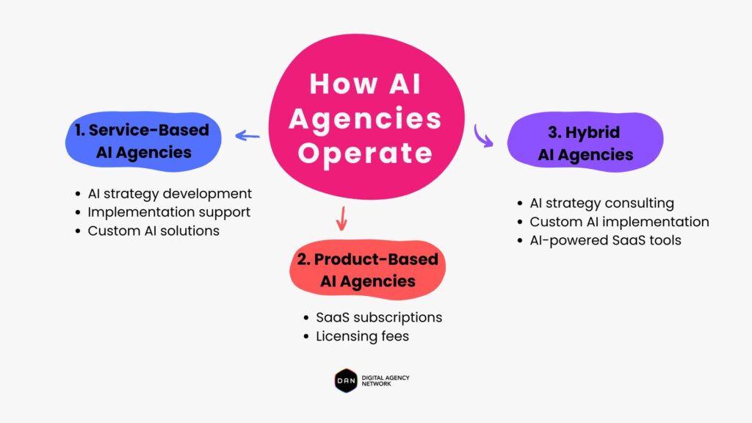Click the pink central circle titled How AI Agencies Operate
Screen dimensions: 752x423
[366, 117]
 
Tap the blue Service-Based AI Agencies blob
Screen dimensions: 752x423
[143, 142]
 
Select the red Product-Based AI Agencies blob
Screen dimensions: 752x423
[367, 270]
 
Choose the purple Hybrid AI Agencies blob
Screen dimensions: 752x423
[585, 142]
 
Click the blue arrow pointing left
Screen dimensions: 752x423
[247, 136]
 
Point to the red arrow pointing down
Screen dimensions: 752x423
[341, 218]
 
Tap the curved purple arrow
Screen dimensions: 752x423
[482, 136]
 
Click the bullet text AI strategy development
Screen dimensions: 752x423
[170, 193]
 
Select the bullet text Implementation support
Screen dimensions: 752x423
[169, 212]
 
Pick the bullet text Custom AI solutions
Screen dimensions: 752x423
[153, 231]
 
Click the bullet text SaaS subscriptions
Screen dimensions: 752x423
[379, 317]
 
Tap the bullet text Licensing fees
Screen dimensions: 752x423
[363, 336]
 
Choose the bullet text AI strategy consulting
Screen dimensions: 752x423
[602, 203]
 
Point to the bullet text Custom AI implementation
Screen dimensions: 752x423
[619, 222]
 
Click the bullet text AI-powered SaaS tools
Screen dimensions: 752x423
[605, 240]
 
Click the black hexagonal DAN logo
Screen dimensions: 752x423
[346, 381]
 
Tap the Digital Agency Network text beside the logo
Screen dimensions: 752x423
[386, 381]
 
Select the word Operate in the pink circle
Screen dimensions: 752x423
[366, 153]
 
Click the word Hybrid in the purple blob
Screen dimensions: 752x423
[593, 132]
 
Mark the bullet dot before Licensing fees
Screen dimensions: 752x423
[306, 336]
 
